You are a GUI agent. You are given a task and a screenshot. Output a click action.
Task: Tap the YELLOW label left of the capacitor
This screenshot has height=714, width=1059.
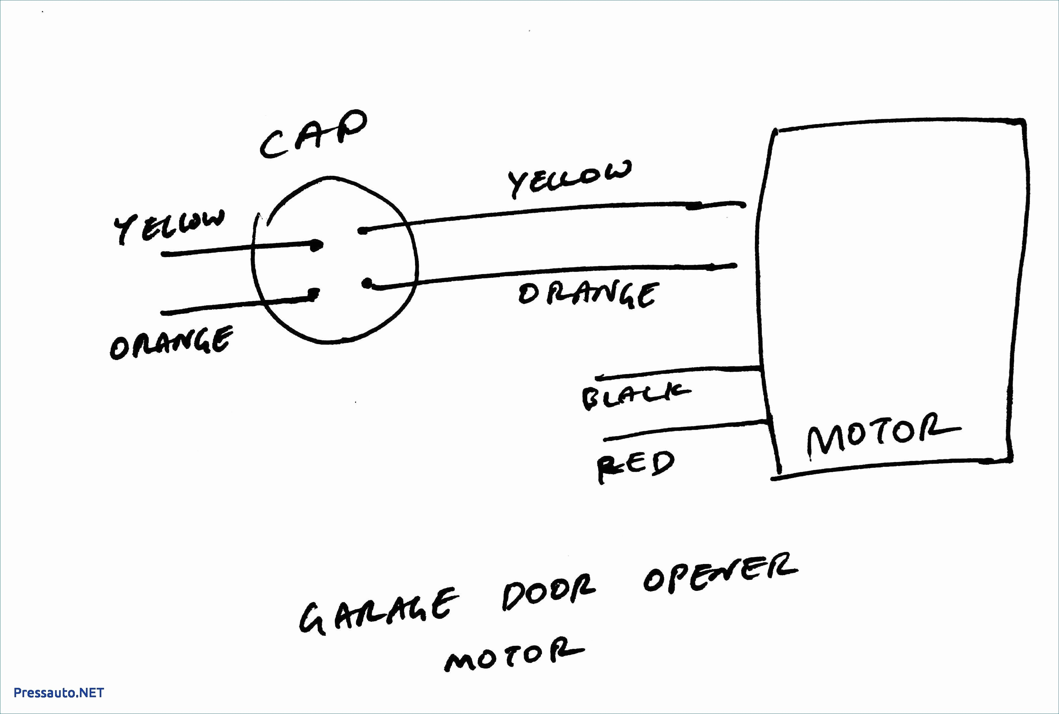pyautogui.click(x=169, y=226)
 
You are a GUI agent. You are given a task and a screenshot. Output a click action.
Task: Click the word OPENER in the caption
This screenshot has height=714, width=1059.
pyautogui.click(x=719, y=575)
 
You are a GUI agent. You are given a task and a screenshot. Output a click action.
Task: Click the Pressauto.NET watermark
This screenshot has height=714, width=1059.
pyautogui.click(x=59, y=693)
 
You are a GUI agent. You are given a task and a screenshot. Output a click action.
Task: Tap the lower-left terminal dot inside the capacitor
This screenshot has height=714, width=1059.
pyautogui.click(x=313, y=294)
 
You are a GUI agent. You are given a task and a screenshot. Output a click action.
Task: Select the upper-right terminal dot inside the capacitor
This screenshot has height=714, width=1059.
pyautogui.click(x=362, y=231)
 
